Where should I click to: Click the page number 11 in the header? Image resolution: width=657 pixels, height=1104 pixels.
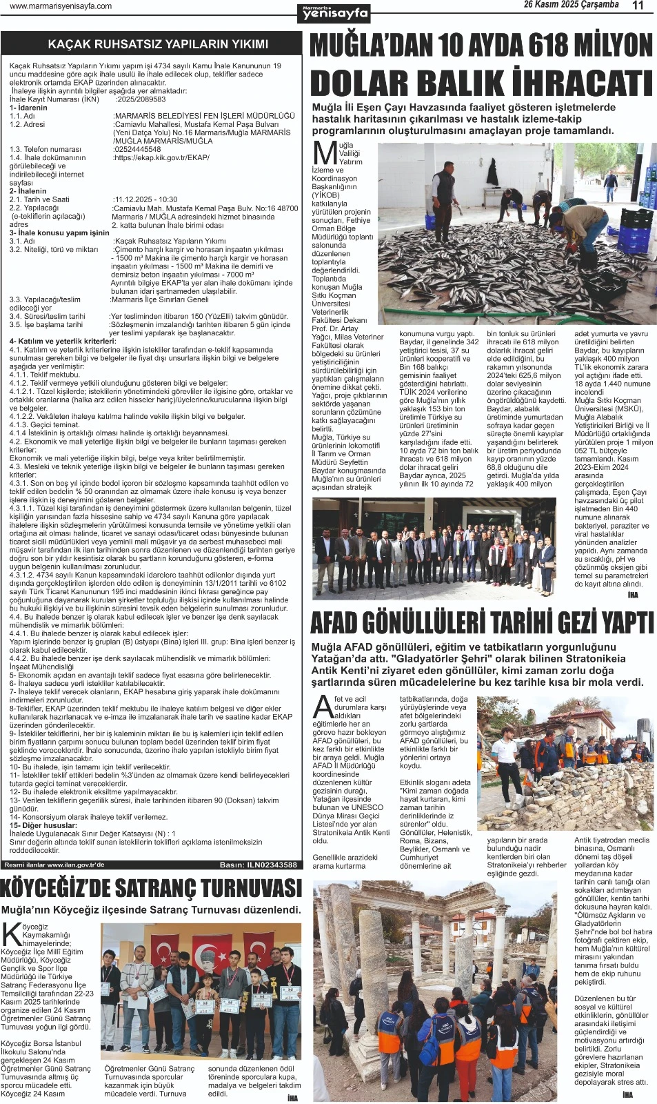point(638,6)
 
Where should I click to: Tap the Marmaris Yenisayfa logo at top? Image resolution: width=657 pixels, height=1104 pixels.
point(335,12)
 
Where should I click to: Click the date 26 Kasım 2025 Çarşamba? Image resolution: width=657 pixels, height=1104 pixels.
point(571,5)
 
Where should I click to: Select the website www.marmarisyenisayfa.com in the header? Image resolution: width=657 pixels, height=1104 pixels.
point(61,6)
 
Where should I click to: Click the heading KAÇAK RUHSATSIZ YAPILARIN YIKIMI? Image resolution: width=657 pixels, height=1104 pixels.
point(158,44)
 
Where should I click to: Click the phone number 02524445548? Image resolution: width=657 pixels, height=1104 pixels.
point(137,149)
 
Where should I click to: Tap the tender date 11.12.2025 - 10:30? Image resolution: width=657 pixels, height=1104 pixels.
point(146,199)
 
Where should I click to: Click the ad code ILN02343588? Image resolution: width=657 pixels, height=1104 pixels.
point(272,865)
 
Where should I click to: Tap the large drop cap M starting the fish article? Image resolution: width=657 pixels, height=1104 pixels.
point(325,154)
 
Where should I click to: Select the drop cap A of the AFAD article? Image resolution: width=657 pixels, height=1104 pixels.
point(322,706)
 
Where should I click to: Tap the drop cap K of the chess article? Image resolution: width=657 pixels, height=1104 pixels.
point(12,934)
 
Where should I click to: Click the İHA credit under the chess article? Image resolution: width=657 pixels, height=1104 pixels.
point(292,1098)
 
